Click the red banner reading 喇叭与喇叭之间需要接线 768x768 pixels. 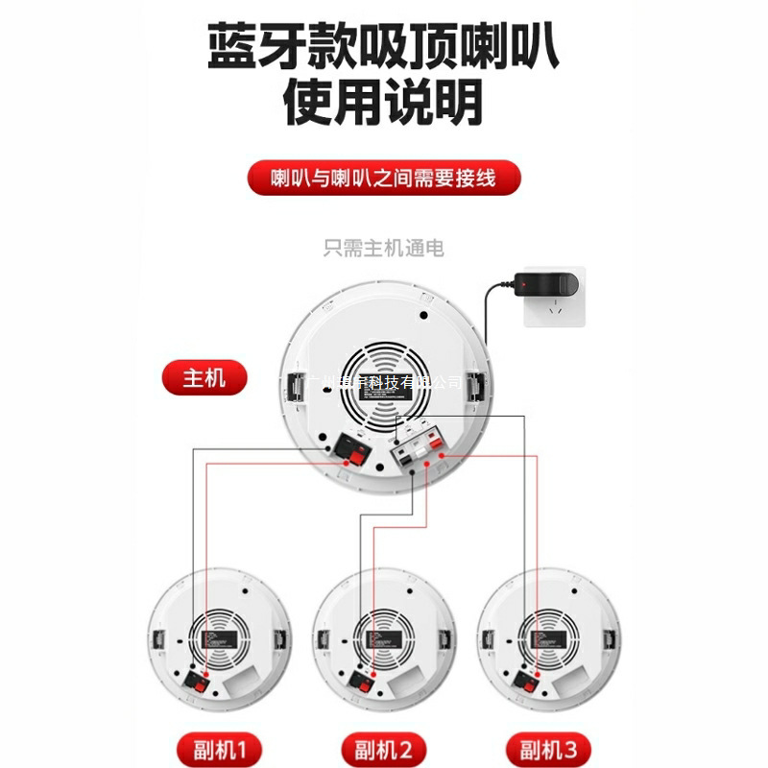tap(383, 179)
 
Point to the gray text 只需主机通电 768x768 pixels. tap(383, 250)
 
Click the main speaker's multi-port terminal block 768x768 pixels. tap(419, 451)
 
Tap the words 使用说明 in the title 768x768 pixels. tap(383, 104)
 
